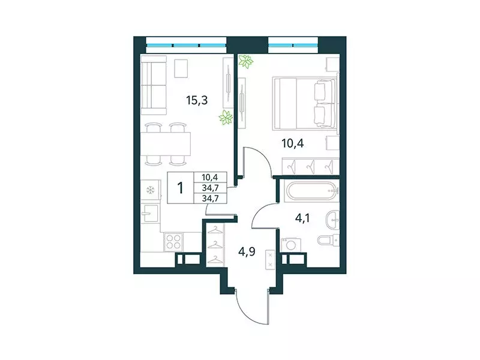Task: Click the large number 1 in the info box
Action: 180,187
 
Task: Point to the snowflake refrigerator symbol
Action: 150,191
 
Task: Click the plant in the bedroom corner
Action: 245,61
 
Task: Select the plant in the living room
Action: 226,118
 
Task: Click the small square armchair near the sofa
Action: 181,68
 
